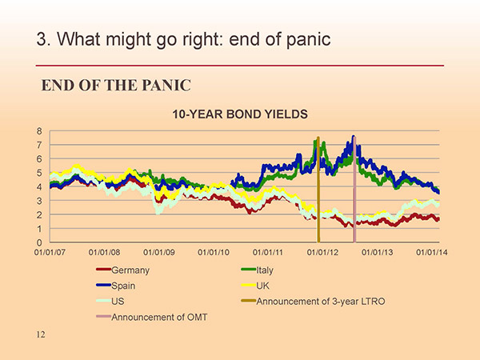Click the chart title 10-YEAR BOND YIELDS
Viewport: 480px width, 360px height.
[x=240, y=114]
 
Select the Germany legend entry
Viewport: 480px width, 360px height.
[x=122, y=270]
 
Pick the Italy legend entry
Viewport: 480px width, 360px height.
[x=257, y=270]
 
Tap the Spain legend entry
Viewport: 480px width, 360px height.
[x=116, y=286]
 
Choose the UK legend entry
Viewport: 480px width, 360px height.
[x=255, y=286]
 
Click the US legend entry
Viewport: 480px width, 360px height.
[x=110, y=302]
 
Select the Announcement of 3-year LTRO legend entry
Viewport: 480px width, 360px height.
[x=313, y=302]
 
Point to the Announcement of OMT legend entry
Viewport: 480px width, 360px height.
[x=151, y=317]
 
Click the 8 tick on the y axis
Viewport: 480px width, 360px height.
[x=39, y=131]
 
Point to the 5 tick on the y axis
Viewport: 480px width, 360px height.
[x=39, y=173]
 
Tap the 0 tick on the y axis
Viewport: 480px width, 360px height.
[x=39, y=242]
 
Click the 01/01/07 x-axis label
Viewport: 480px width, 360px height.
[x=50, y=252]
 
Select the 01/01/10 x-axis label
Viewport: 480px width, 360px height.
[x=214, y=252]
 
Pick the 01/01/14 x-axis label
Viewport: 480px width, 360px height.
[x=432, y=252]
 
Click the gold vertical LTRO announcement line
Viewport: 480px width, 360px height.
[x=318, y=190]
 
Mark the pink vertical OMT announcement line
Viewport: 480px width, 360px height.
[x=354, y=190]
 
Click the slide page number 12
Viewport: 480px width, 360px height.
[x=41, y=334]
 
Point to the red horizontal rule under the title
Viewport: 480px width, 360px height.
[x=240, y=66]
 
